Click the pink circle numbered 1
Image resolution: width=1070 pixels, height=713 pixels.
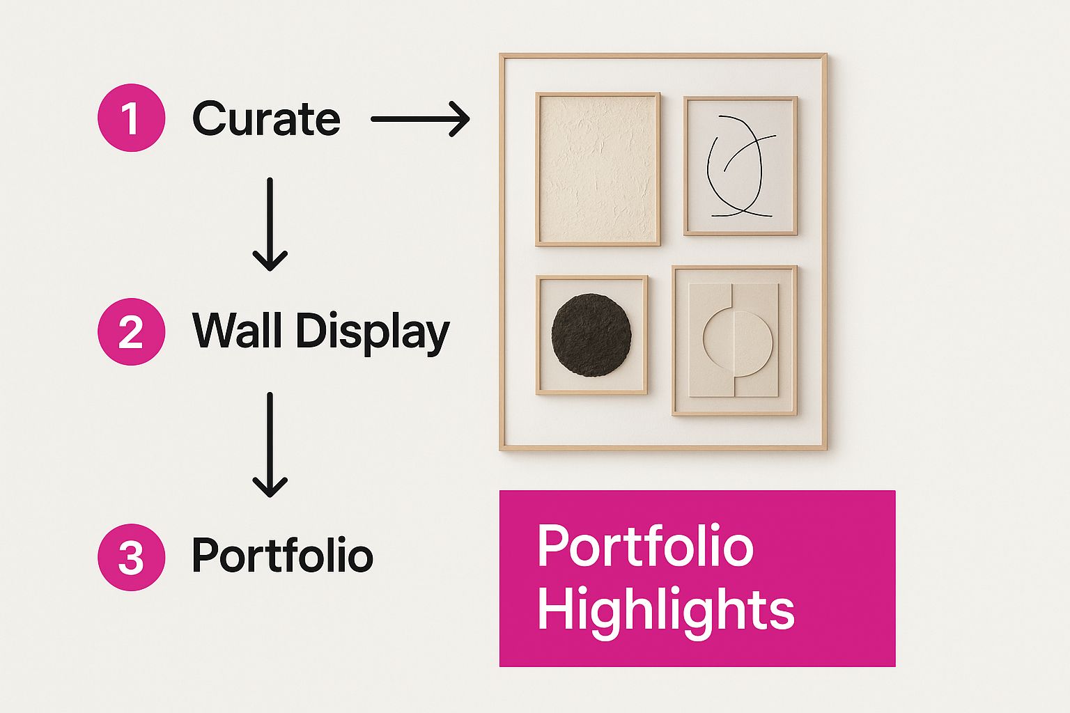click(x=132, y=118)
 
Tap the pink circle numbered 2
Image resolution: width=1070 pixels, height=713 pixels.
click(x=132, y=331)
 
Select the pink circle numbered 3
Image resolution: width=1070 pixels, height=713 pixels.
click(x=132, y=557)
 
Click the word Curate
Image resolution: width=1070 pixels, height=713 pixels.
click(x=266, y=118)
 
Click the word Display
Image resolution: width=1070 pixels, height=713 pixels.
click(x=373, y=332)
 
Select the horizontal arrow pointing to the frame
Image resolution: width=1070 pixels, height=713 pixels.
click(x=420, y=119)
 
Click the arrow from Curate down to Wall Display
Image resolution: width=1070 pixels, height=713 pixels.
click(x=270, y=224)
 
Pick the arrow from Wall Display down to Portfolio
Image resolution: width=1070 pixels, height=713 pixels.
click(x=270, y=445)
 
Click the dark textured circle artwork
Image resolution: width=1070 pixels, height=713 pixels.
click(x=591, y=334)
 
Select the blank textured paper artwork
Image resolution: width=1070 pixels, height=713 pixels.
click(x=598, y=169)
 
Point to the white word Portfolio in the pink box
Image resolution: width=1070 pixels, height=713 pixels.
click(x=645, y=545)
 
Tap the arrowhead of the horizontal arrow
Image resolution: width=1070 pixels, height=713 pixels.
click(x=460, y=119)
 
